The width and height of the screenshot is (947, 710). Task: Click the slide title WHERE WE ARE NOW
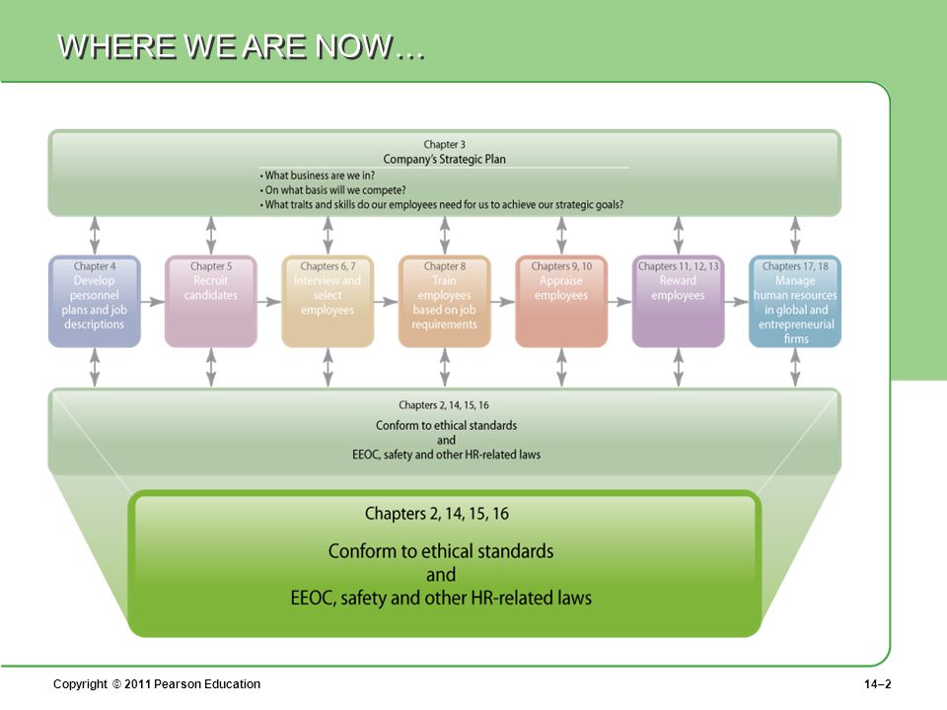point(241,46)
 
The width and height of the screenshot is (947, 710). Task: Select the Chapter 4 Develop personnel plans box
point(95,302)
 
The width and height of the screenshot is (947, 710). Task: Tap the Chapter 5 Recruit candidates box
point(211,302)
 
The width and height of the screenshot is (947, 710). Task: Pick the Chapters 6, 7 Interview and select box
point(328,302)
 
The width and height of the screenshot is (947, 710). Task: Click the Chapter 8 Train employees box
point(445,302)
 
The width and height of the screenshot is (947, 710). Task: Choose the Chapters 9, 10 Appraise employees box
point(561,302)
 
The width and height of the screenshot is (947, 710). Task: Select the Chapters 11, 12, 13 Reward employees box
point(679,302)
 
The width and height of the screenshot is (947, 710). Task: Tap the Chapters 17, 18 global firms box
point(795,302)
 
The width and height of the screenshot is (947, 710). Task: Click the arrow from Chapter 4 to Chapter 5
point(153,302)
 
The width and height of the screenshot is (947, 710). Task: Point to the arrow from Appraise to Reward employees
point(619,302)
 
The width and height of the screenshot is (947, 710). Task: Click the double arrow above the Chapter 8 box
point(445,236)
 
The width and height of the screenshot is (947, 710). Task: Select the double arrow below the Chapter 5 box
point(211,368)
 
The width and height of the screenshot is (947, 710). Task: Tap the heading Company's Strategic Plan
point(445,160)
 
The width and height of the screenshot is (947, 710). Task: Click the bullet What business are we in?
point(317,176)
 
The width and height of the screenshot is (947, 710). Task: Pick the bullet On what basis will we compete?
point(332,190)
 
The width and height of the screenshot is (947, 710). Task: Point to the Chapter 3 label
point(445,144)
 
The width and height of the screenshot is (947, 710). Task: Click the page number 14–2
point(878,684)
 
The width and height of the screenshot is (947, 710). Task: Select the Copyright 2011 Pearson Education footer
point(157,684)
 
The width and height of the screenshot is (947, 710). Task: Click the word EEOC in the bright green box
point(313,598)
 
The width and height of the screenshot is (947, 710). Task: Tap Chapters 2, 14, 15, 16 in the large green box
point(437,514)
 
